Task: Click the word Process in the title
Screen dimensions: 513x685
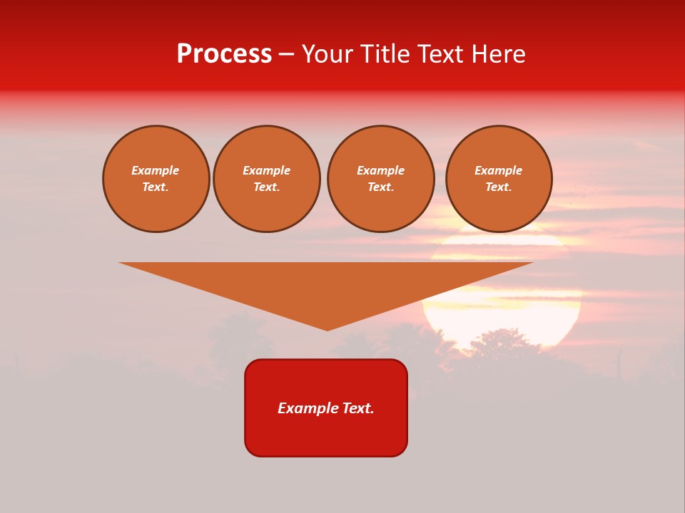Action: pos(224,54)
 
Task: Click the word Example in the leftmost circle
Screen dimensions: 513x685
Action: pos(156,170)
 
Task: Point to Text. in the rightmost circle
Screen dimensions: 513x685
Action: pos(498,187)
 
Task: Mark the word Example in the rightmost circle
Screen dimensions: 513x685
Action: pos(498,170)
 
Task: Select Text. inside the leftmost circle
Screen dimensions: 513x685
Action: pos(156,187)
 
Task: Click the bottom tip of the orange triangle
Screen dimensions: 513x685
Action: pos(327,329)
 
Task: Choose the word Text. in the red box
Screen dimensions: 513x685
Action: pos(358,408)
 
